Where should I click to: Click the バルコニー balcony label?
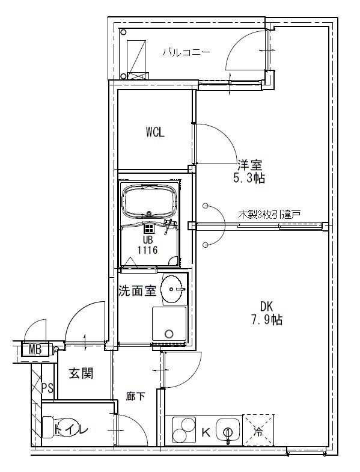(x=186, y=52)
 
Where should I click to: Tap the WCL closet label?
(x=154, y=133)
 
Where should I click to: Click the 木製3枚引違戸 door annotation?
(x=269, y=214)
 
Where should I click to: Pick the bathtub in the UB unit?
(x=149, y=201)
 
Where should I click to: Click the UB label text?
(x=147, y=239)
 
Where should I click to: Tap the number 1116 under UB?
(x=147, y=250)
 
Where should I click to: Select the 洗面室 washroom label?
(x=137, y=291)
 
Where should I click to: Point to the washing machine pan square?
(x=169, y=325)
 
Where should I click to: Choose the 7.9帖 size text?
(x=267, y=320)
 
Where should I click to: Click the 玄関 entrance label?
(x=80, y=373)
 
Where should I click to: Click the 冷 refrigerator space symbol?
(x=258, y=430)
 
